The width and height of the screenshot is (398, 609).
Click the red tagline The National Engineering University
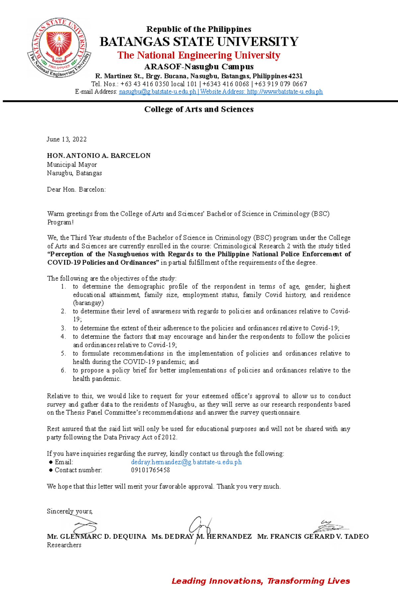(199, 55)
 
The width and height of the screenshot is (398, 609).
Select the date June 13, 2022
(67, 139)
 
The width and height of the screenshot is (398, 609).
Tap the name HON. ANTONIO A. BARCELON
(99, 156)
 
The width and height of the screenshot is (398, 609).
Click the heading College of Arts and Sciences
(199, 110)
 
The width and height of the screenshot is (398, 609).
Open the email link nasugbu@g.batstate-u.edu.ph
(158, 92)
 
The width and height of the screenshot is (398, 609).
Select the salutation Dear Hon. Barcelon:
(76, 190)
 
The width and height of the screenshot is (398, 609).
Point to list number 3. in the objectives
(63, 328)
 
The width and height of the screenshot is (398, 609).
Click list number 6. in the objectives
(63, 370)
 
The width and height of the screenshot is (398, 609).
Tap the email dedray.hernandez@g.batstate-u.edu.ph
(186, 462)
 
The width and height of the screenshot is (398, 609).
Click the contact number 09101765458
(150, 470)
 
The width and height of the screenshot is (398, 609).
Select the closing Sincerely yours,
(70, 511)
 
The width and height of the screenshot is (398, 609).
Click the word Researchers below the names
(64, 545)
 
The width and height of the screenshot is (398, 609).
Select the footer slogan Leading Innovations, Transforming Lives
(261, 581)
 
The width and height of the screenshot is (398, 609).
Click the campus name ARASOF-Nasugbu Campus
(199, 67)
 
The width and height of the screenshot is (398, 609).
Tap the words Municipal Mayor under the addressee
(72, 165)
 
